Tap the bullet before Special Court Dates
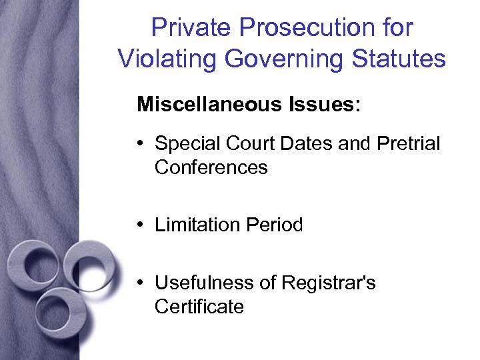coord(143,144)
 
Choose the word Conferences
coord(211,167)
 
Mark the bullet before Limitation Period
coord(143,225)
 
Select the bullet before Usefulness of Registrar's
coord(143,283)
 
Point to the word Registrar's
coord(328,283)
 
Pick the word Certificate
coord(199,307)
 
